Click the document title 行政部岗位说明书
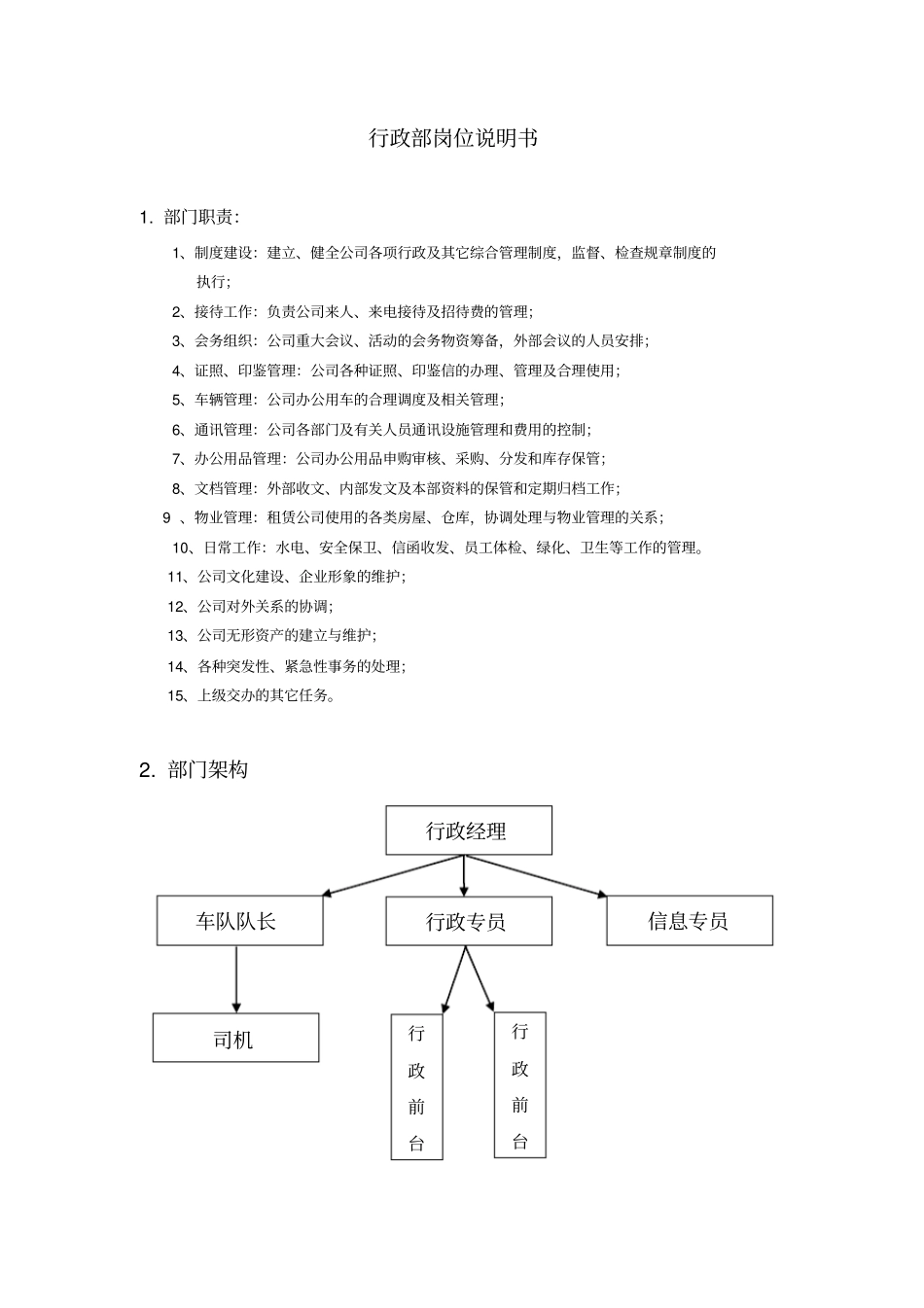coord(452,138)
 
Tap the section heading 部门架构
coord(207,770)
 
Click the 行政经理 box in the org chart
coord(468,831)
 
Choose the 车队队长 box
coord(239,921)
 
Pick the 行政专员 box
coord(468,921)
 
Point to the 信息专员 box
coord(689,921)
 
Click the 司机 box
coord(235,1039)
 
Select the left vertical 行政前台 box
coord(416,1087)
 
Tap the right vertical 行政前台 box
coord(519,1085)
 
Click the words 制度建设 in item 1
coord(223,253)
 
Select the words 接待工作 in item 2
coord(223,311)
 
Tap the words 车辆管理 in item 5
coord(223,400)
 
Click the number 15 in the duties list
coord(175,695)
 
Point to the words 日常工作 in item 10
coord(233,548)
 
